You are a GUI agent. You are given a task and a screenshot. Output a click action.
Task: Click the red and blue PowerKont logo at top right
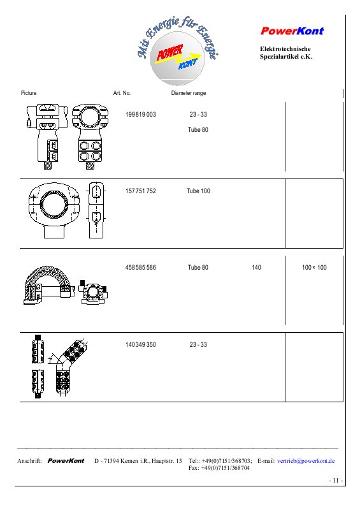[x=292, y=31]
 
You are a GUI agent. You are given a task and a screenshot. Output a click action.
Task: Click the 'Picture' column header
[x=29, y=93]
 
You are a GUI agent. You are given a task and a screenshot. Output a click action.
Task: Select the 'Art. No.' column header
[x=122, y=93]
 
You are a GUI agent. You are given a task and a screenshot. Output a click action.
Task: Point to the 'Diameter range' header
[x=189, y=93]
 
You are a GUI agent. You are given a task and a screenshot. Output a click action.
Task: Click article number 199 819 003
[x=141, y=115]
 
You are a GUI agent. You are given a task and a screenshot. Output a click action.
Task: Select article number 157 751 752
[x=141, y=191]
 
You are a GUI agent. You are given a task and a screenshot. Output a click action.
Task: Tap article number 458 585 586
[x=141, y=267]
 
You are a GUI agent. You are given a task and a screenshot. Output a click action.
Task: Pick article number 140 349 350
[x=141, y=344]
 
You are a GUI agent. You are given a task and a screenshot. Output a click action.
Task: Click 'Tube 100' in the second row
[x=198, y=191]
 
